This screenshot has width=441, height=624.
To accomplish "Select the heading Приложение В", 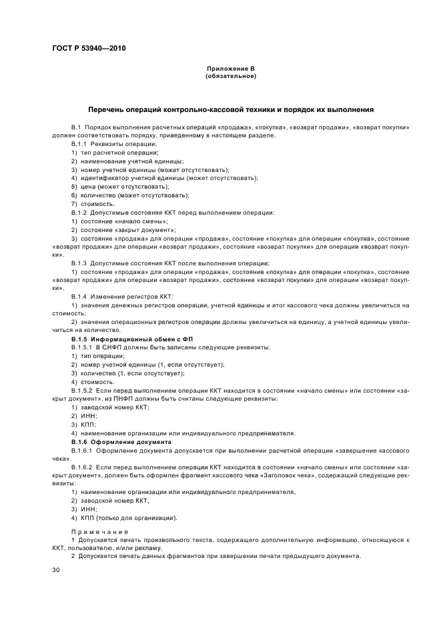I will point(230,69).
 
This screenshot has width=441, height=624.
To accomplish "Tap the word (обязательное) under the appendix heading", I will point(230,76).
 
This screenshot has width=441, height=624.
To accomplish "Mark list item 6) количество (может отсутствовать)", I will point(129,195).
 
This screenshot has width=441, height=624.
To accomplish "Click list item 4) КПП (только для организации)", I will point(123,517).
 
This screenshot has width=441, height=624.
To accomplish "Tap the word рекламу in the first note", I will point(148,547).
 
